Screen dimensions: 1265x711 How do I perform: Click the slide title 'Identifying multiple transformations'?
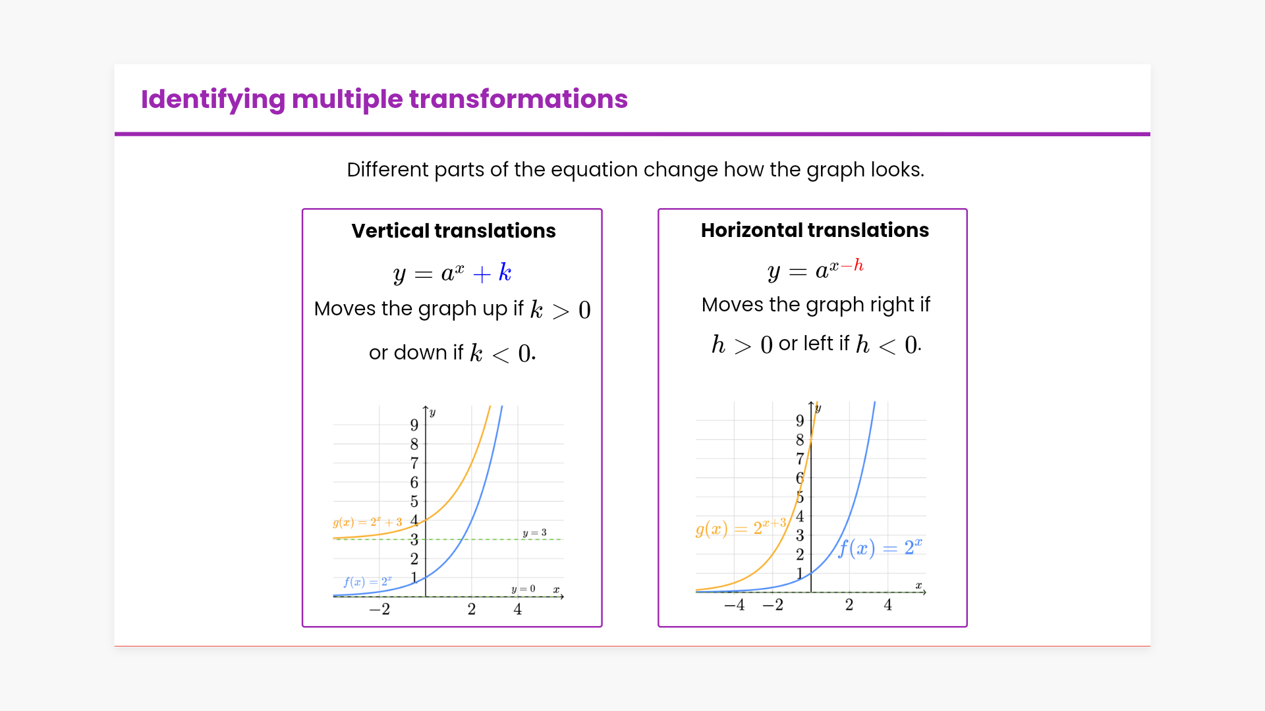(x=384, y=99)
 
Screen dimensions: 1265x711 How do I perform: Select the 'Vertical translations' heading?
(x=453, y=230)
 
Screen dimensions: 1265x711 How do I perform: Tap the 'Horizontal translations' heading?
(x=814, y=230)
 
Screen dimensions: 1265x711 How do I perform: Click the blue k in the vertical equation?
(x=505, y=272)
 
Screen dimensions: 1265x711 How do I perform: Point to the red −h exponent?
(x=852, y=265)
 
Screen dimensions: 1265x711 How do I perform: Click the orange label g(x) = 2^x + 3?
(x=367, y=522)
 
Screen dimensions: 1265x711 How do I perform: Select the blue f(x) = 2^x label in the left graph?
(x=368, y=582)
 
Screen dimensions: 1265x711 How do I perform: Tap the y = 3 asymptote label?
(x=534, y=533)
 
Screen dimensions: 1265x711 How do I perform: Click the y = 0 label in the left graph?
(x=523, y=589)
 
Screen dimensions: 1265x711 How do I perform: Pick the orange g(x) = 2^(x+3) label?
(x=741, y=527)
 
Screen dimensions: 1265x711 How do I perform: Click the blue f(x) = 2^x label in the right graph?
(x=880, y=548)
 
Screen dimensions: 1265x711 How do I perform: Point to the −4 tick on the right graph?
(x=734, y=604)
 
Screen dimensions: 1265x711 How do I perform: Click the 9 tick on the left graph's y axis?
(x=414, y=425)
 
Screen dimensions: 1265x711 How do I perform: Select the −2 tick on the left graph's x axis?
(x=379, y=609)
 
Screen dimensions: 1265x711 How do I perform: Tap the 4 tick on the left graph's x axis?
(x=518, y=609)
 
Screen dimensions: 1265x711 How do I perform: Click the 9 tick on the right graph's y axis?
(x=800, y=420)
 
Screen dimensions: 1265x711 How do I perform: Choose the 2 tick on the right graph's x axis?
(x=849, y=604)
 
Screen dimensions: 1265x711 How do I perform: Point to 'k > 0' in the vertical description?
(x=560, y=309)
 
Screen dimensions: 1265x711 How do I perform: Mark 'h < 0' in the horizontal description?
(x=887, y=344)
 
